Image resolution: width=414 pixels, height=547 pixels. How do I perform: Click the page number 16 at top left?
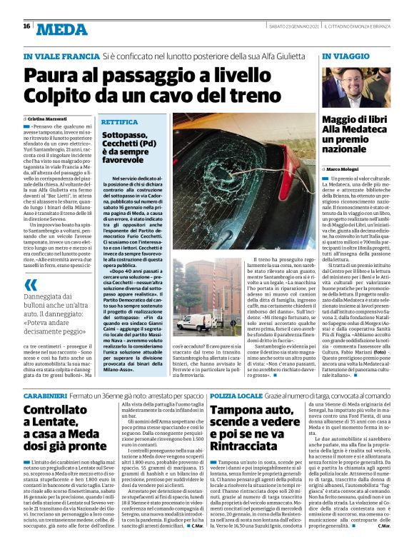click(x=26, y=26)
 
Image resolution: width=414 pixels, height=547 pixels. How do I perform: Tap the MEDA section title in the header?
click(x=61, y=29)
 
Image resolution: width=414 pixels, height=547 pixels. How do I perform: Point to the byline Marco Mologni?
click(x=347, y=169)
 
